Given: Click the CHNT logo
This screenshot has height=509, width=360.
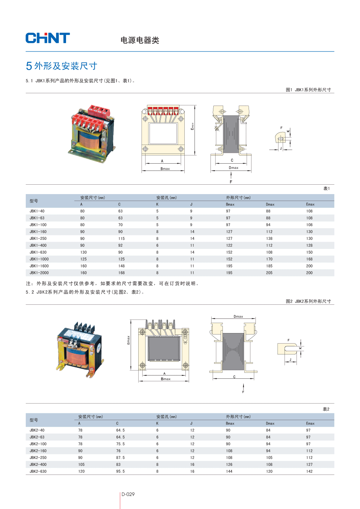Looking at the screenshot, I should (48, 38).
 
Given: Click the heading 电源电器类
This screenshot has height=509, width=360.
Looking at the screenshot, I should (140, 40).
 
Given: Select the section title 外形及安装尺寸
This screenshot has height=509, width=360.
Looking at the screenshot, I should (66, 66).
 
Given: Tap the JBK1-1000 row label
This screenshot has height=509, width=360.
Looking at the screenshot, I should (39, 259).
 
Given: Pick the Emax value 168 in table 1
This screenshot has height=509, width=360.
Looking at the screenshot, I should (309, 259).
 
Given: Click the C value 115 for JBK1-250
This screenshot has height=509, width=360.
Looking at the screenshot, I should (121, 239).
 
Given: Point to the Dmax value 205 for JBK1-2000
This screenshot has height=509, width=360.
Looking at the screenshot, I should (269, 273).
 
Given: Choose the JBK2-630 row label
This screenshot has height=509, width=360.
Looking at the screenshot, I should (38, 471).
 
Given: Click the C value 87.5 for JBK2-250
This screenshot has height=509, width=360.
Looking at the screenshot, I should (120, 457).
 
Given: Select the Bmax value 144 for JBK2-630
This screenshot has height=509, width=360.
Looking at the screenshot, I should (229, 471).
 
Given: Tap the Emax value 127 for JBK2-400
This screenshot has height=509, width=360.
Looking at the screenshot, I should (309, 464).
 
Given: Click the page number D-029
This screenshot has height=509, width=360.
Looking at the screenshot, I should (128, 494).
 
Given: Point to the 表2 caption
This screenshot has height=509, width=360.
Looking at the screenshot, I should (326, 409).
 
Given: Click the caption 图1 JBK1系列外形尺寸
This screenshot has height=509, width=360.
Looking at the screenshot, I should (308, 90).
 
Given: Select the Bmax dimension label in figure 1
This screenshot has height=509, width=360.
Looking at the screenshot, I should (165, 169).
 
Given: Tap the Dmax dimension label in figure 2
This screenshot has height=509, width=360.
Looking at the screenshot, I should (238, 316).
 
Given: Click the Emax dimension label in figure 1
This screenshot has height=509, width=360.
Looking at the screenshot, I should (192, 126).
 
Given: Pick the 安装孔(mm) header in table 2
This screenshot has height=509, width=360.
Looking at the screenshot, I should (166, 416).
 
